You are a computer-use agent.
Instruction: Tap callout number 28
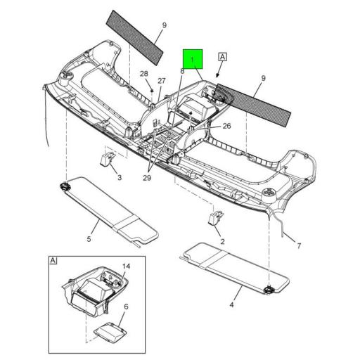143,74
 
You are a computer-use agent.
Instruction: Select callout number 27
161,81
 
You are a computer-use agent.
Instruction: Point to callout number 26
227,126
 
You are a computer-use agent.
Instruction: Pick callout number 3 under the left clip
120,178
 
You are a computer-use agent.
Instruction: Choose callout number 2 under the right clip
223,241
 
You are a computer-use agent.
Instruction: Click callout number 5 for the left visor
89,239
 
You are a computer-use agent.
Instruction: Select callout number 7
298,245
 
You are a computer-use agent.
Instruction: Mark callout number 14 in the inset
127,266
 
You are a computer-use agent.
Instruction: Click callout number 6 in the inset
126,307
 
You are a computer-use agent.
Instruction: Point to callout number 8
181,71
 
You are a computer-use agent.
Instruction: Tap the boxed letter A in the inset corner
53,261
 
